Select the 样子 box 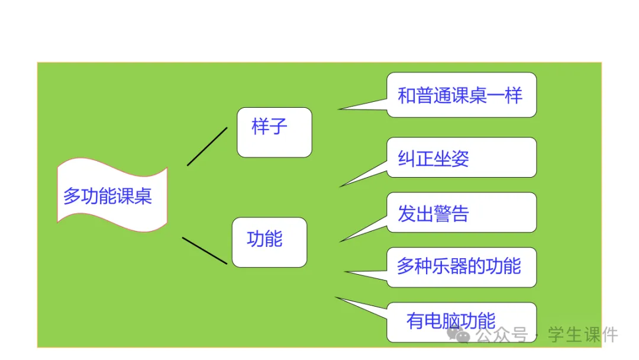274,133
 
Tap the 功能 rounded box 269,242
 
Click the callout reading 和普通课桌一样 461,95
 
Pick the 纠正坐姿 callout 461,157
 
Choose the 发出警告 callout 461,213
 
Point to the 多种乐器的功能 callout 461,267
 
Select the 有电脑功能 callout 461,322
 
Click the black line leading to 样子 207,146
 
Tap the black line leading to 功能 204,250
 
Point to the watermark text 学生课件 583,335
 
